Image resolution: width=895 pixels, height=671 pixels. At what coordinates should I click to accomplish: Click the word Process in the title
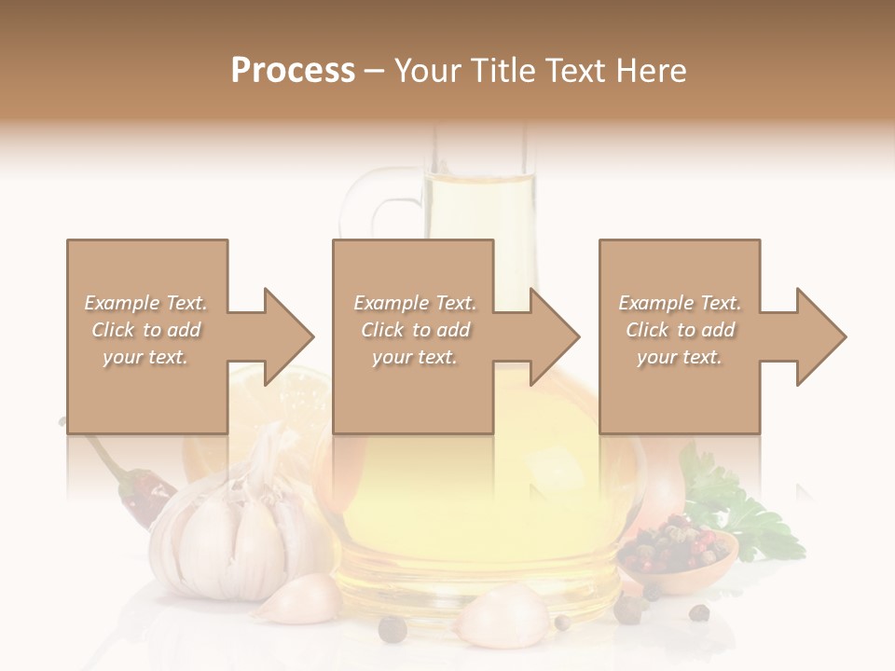coord(293,71)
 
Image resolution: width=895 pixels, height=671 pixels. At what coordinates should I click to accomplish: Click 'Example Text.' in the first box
coord(146,303)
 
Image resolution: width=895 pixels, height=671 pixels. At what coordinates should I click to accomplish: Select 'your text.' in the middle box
coord(414,357)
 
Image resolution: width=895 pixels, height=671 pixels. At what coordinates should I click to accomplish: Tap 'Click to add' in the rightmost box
coord(681,330)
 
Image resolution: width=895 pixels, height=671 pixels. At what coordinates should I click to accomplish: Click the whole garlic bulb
coord(238,531)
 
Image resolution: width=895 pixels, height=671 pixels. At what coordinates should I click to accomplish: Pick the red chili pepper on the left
coord(140,489)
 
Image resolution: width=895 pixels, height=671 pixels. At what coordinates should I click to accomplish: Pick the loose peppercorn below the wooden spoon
coord(698,612)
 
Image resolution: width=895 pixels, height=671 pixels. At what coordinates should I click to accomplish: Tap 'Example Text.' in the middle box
coord(414,303)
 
